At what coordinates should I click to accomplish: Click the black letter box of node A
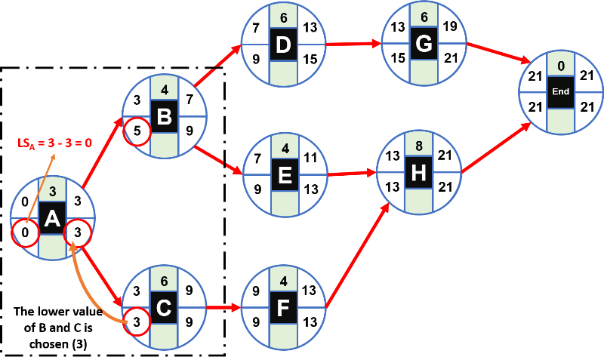(x=52, y=219)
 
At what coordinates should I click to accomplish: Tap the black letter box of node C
(x=164, y=308)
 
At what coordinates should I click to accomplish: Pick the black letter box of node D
(x=283, y=45)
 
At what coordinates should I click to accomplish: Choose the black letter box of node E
(x=283, y=175)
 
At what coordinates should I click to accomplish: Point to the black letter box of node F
(x=283, y=308)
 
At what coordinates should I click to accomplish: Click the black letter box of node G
(x=424, y=45)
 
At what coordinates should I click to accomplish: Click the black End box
(x=560, y=91)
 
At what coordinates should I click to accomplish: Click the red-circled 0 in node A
(x=26, y=233)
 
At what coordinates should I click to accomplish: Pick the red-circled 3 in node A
(x=78, y=233)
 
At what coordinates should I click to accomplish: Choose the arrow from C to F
(x=224, y=308)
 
